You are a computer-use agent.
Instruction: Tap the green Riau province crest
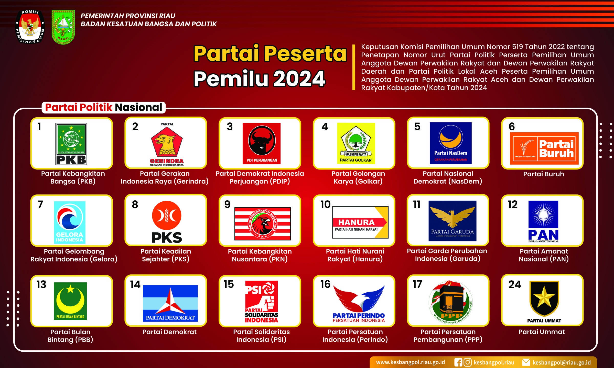click(x=63, y=27)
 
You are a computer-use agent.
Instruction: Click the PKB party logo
click(x=71, y=144)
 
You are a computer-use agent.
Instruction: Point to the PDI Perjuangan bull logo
click(x=262, y=143)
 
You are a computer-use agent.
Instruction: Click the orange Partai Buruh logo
click(x=544, y=148)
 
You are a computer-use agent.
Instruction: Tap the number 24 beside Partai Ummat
click(x=514, y=284)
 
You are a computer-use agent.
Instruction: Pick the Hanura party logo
click(x=360, y=222)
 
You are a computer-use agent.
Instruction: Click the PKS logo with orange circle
click(x=167, y=222)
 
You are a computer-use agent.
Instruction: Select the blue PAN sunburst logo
click(x=543, y=221)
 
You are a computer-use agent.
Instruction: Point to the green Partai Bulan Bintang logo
click(x=70, y=301)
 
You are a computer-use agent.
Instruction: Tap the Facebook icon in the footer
click(x=458, y=362)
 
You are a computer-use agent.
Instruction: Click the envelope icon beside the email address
click(x=526, y=362)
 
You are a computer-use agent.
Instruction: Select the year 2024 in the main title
click(x=299, y=79)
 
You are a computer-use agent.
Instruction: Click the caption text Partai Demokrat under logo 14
click(x=169, y=332)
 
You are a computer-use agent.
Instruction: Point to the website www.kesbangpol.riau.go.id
click(x=410, y=362)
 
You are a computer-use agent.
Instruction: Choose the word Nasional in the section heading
click(x=138, y=107)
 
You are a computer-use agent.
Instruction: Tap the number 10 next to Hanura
click(x=325, y=204)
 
